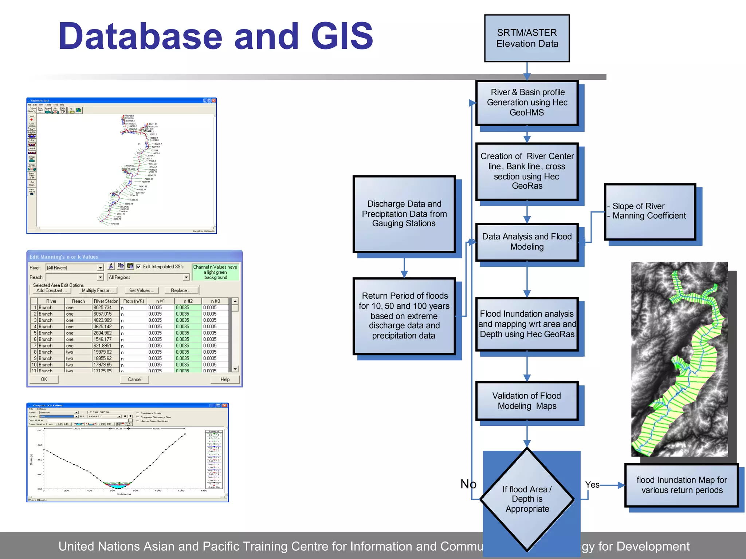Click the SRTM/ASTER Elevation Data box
point(527,38)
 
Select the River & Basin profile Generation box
point(527,103)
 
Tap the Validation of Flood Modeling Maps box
point(527,401)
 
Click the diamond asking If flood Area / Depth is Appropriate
point(527,499)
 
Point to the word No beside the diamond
point(468,484)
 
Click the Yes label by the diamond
point(592,485)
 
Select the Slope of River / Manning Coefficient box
point(650,211)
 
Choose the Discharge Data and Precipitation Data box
point(404,214)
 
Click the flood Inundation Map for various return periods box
point(681,485)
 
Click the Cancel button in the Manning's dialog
point(134,379)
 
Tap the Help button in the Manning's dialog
point(225,379)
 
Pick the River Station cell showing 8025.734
point(106,308)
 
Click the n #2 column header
point(188,301)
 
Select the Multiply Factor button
point(98,290)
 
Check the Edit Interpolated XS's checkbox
point(138,267)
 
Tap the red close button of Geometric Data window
point(214,100)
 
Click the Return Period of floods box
point(404,316)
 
